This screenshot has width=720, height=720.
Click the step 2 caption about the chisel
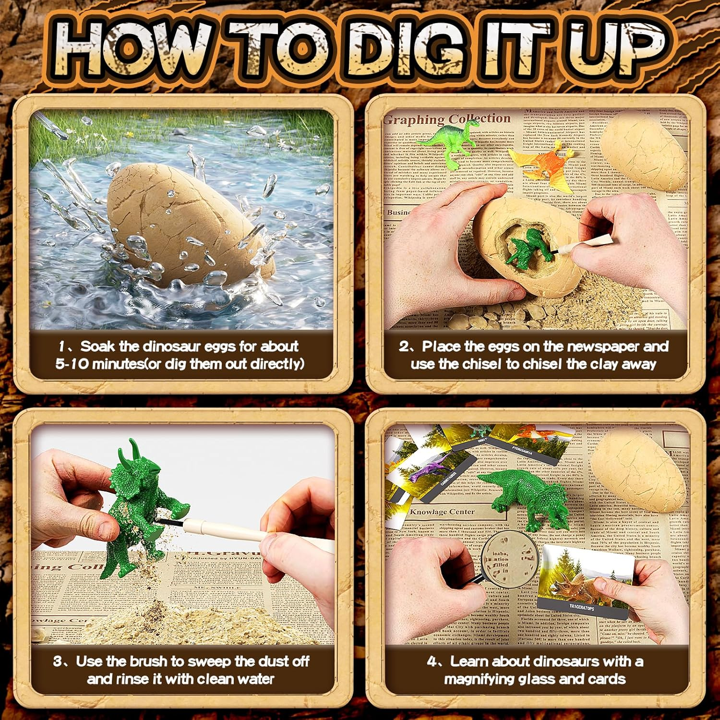click(x=533, y=355)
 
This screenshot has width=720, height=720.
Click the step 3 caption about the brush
click(x=181, y=670)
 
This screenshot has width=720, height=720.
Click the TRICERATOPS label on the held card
click(x=582, y=608)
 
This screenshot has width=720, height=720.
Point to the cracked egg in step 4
click(x=638, y=473)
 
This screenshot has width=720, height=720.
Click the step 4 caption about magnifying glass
click(x=535, y=670)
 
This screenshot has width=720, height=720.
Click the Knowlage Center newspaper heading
click(x=442, y=512)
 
